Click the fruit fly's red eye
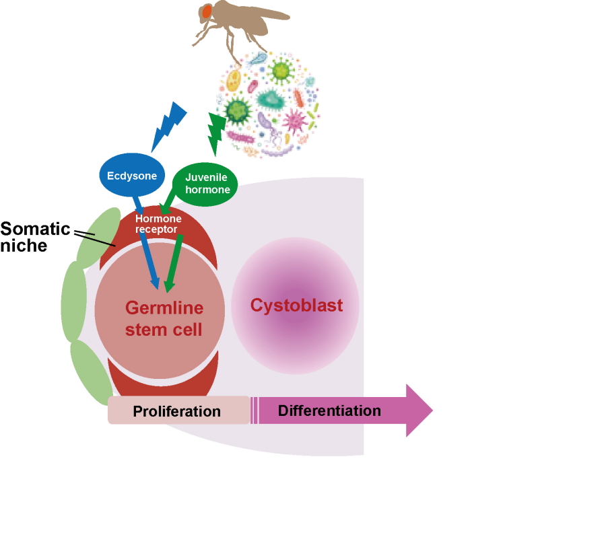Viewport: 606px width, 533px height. [x=206, y=11]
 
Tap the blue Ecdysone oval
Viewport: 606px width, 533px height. [x=132, y=176]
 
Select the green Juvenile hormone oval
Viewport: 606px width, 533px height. [x=207, y=184]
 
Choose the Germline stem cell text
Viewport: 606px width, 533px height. [x=164, y=320]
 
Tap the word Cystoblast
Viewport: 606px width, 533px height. [x=296, y=306]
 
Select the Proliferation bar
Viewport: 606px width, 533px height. [x=177, y=411]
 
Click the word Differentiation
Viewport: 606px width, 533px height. [x=329, y=411]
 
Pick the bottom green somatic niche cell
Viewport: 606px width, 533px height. [x=91, y=371]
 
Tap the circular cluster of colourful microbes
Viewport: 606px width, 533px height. [x=268, y=104]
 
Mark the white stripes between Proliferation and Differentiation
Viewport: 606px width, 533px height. [x=255, y=411]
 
